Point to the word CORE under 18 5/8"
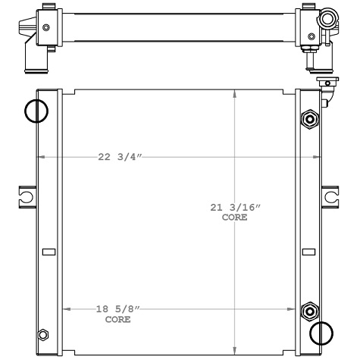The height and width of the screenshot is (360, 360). (x=117, y=319)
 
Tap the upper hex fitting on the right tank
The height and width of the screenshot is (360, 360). (x=309, y=119)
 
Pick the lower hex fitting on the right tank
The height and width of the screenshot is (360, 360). (x=309, y=312)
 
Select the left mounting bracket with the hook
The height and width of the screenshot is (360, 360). (x=26, y=196)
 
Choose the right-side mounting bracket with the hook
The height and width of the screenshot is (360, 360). (x=331, y=196)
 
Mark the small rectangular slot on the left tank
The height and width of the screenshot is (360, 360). (x=48, y=252)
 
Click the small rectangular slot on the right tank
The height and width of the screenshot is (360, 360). (x=308, y=252)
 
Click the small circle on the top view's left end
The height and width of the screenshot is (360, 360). (x=47, y=27)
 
